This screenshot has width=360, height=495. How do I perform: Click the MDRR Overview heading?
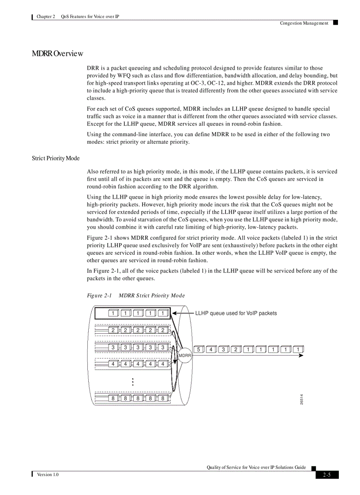click(x=57, y=54)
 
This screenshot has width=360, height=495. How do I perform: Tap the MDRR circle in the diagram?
click(x=185, y=355)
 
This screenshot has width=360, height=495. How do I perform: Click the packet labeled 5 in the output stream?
click(x=199, y=350)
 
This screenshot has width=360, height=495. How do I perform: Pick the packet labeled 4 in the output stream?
click(x=211, y=350)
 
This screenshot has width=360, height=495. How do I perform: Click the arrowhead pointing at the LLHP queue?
click(x=174, y=313)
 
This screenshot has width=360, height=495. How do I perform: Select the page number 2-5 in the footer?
click(x=327, y=475)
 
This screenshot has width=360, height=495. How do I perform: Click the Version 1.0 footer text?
click(x=48, y=474)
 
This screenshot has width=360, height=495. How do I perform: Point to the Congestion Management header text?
click(x=304, y=23)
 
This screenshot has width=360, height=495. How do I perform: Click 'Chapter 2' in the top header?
click(x=46, y=16)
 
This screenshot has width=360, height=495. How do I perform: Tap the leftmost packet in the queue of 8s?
click(x=113, y=398)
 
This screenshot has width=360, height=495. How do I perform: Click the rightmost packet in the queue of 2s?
click(x=163, y=330)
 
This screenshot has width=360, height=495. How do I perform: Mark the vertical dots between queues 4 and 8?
click(x=132, y=382)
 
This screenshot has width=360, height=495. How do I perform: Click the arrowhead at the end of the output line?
click(x=300, y=355)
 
